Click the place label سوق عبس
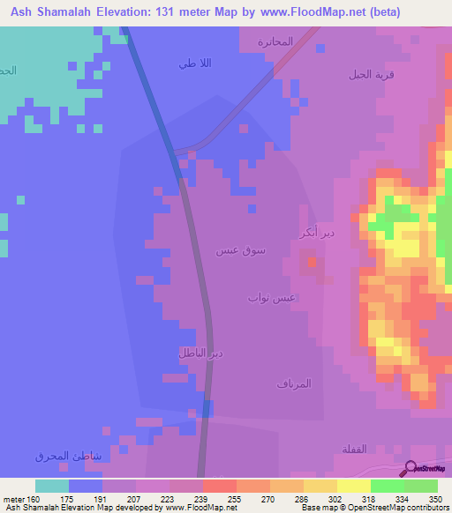tap(241, 251)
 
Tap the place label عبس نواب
tap(271, 298)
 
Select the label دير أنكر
tap(316, 234)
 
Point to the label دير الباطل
tap(201, 353)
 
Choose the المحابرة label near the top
tap(275, 41)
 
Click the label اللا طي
tap(193, 63)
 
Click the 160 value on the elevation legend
tap(33, 499)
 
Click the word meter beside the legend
tap(12, 499)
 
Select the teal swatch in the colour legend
tap(52, 486)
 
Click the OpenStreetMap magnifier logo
tap(411, 468)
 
